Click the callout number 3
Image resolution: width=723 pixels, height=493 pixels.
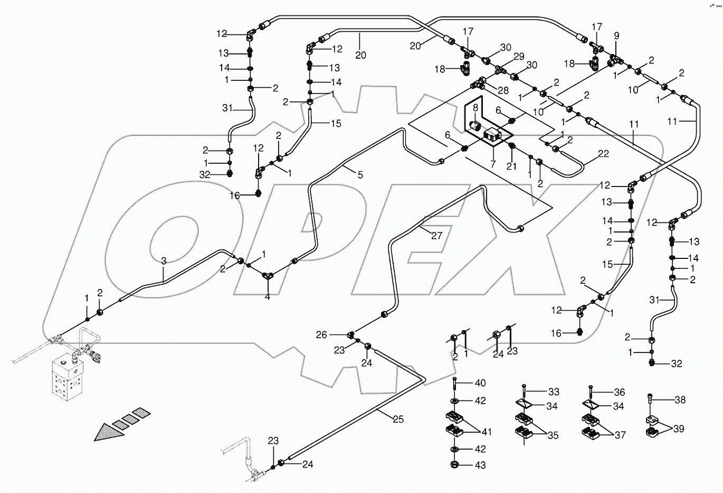[x=164, y=261]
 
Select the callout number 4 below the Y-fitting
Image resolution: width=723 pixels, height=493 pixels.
[x=267, y=297]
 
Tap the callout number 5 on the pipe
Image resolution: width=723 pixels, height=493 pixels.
[x=360, y=175]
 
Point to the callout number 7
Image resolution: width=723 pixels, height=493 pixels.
[x=493, y=164]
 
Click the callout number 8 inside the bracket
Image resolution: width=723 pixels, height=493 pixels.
[x=475, y=108]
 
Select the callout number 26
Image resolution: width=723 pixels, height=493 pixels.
[x=321, y=334]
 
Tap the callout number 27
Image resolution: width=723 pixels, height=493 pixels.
[x=436, y=236]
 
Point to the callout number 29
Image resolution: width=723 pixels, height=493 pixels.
[x=519, y=57]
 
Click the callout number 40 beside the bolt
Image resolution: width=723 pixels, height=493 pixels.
[x=480, y=383]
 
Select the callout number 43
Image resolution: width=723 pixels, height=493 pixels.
[x=480, y=466]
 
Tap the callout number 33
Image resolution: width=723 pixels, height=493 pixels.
[x=553, y=392]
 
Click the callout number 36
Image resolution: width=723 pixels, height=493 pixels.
[x=619, y=392]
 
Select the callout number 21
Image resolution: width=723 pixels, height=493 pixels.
[x=511, y=166]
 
